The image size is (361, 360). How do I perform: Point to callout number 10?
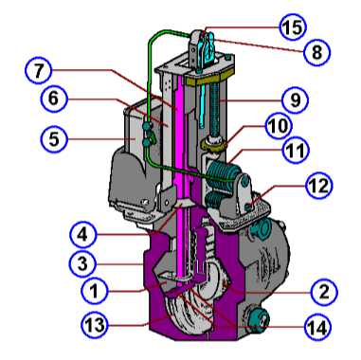point(280,124)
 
